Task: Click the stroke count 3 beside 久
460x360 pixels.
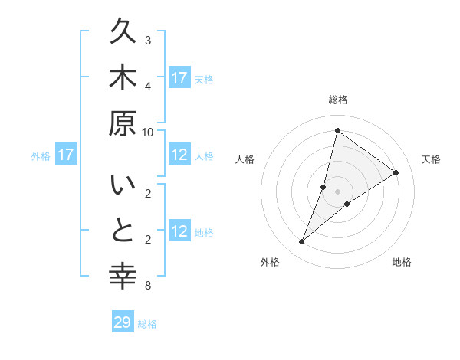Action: click(x=147, y=40)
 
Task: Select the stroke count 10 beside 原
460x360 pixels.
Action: click(x=148, y=131)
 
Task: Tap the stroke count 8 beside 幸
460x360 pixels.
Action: click(x=147, y=286)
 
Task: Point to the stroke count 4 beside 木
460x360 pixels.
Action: click(x=147, y=85)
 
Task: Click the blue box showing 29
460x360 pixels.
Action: click(x=123, y=322)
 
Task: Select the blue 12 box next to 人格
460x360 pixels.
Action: click(x=179, y=155)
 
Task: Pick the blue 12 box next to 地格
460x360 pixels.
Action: click(x=179, y=231)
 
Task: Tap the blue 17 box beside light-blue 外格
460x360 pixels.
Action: click(x=66, y=155)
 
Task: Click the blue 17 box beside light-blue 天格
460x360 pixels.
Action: click(x=179, y=78)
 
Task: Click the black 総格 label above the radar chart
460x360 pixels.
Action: click(x=338, y=100)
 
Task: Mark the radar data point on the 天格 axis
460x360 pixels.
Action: click(x=396, y=172)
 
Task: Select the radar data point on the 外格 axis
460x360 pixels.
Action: click(x=302, y=242)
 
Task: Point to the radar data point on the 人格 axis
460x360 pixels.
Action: click(x=324, y=186)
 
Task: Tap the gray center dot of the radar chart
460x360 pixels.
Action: click(x=338, y=191)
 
